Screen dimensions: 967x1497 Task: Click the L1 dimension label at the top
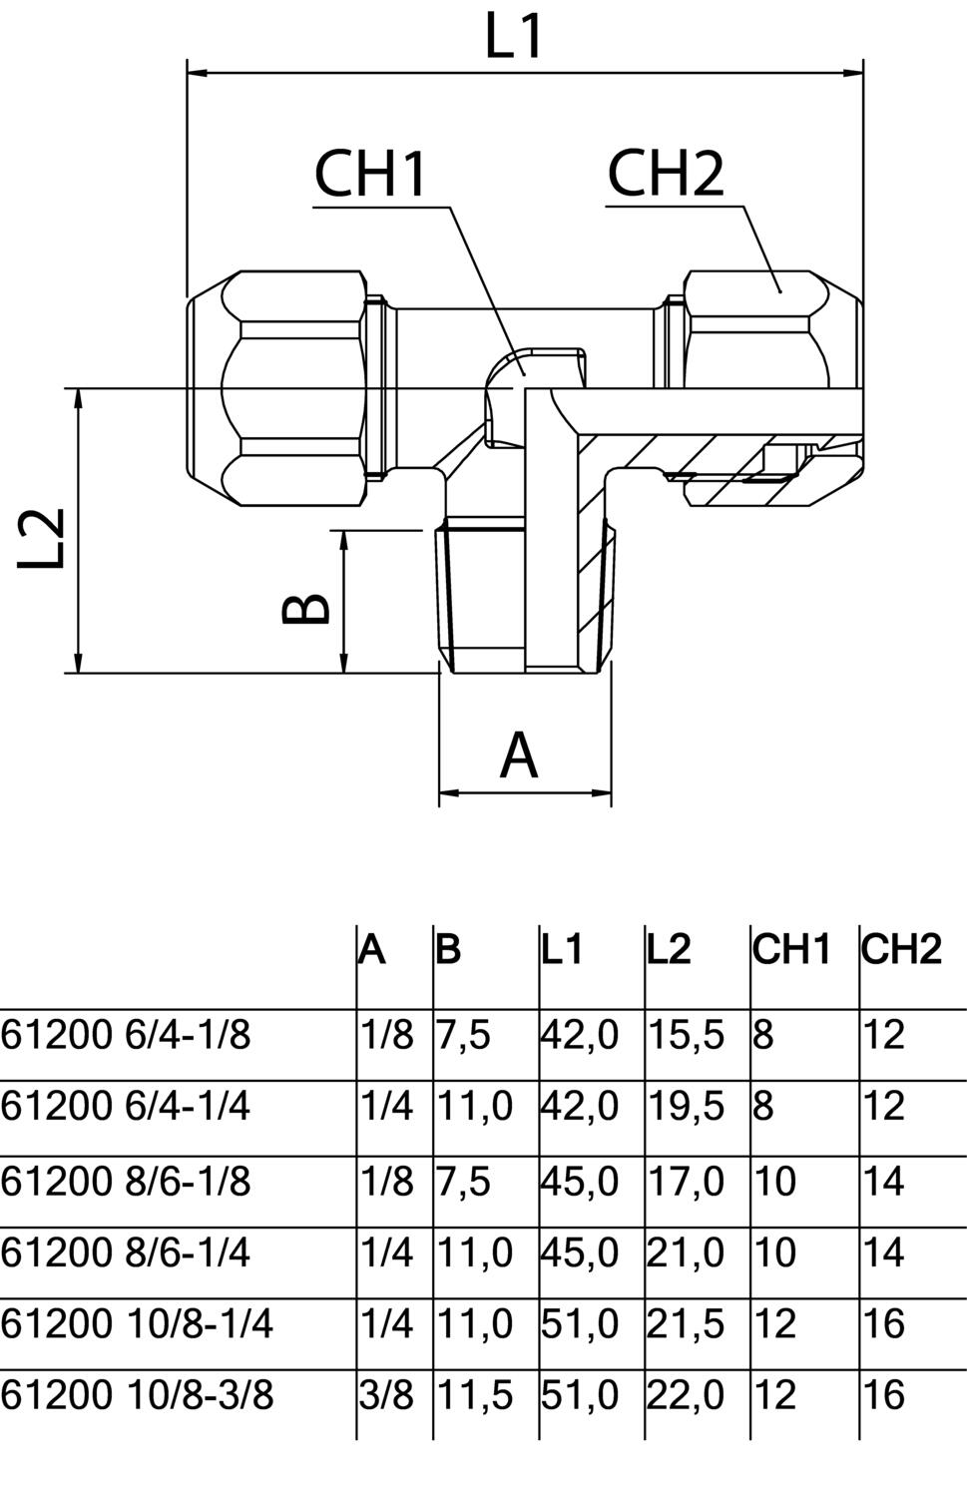tap(513, 38)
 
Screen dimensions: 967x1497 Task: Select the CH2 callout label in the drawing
tap(666, 174)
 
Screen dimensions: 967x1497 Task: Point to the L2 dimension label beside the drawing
tap(41, 538)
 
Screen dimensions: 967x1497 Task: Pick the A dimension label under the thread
tap(519, 755)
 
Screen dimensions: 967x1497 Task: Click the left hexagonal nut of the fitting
tap(276, 388)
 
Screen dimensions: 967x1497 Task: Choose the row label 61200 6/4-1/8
tap(126, 1035)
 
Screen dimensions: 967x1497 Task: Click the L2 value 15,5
tap(686, 1035)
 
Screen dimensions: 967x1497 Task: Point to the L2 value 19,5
tap(686, 1107)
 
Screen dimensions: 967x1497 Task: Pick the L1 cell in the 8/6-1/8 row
tap(580, 1183)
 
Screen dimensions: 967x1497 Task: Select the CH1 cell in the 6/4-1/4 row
tap(763, 1107)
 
